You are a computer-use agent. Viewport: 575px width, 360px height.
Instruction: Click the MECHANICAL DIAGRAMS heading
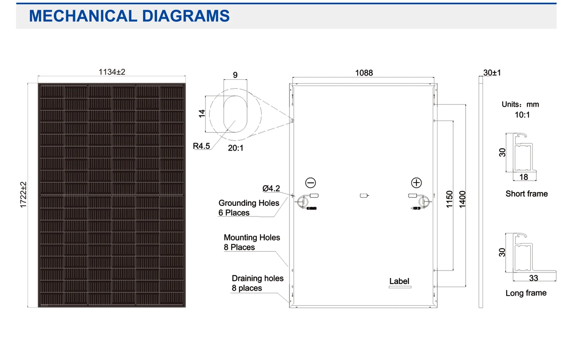click(129, 16)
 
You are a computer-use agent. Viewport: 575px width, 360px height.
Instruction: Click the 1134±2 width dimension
click(112, 72)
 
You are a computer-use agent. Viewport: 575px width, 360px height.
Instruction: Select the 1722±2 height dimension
click(23, 195)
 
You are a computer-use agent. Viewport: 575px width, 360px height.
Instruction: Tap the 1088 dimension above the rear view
click(364, 73)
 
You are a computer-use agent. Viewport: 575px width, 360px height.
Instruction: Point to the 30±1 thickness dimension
click(492, 73)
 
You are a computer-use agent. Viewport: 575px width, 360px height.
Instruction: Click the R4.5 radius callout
click(201, 146)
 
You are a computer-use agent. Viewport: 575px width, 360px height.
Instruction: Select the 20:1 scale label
click(235, 148)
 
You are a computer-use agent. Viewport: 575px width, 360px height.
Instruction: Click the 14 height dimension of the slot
click(202, 113)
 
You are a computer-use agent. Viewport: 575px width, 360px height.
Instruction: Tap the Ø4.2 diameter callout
click(271, 188)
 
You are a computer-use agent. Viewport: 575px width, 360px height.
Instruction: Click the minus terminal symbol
click(310, 183)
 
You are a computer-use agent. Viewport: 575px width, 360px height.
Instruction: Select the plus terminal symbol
click(416, 183)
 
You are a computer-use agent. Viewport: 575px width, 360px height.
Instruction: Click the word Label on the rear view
click(399, 281)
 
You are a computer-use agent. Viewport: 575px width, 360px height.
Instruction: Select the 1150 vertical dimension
click(449, 199)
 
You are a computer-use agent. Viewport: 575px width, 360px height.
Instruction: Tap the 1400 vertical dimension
click(462, 199)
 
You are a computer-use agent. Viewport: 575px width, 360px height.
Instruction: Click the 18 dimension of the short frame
click(524, 177)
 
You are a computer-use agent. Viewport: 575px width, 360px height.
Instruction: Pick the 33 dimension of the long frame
click(533, 278)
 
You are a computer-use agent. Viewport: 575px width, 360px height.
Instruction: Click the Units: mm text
click(520, 104)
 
